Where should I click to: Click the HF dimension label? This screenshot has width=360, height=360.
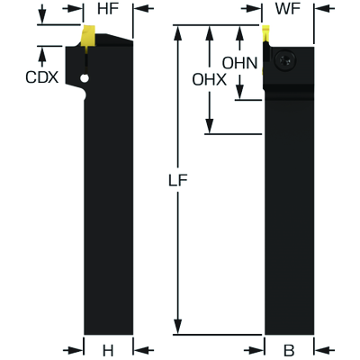(x=108, y=9)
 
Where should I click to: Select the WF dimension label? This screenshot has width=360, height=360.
(x=288, y=9)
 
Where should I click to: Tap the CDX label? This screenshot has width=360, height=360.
(x=41, y=77)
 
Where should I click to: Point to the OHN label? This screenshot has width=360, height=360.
(x=240, y=63)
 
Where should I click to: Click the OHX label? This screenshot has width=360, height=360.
(x=210, y=80)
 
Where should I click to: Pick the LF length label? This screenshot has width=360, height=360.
(x=178, y=181)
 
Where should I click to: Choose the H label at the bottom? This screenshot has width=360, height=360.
(x=108, y=350)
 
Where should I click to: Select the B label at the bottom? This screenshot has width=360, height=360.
(x=289, y=350)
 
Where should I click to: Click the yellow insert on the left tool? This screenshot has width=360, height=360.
(x=87, y=38)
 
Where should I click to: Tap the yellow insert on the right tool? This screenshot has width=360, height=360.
(x=265, y=33)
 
